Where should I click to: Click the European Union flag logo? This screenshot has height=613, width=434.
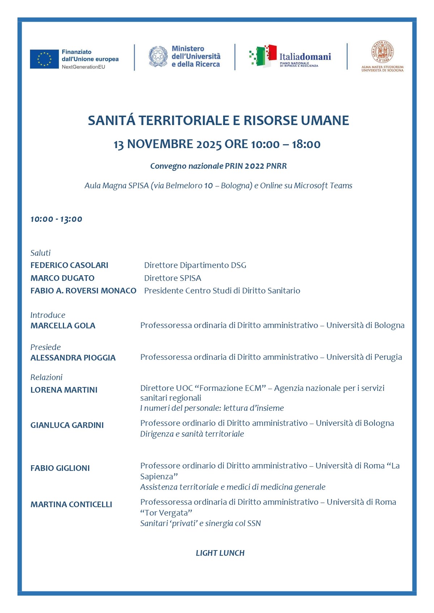tap(44, 59)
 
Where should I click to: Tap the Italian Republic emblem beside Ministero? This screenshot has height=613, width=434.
tap(158, 56)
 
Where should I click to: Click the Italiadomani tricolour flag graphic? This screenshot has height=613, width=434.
tap(263, 56)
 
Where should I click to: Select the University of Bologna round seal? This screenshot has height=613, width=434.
tap(382, 52)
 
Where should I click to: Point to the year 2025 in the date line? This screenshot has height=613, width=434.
tap(209, 144)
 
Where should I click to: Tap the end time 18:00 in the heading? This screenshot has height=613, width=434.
tap(306, 144)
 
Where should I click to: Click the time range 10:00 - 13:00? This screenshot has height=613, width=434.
tap(56, 219)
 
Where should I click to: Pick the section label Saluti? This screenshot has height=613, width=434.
tap(41, 253)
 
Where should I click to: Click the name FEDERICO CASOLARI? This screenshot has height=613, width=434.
tap(69, 266)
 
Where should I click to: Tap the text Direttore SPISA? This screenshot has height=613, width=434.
tap(173, 278)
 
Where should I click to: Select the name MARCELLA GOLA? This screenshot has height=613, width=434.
tap(63, 326)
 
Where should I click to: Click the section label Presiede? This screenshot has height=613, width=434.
tap(46, 347)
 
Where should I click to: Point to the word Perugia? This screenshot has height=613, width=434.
tap(388, 357)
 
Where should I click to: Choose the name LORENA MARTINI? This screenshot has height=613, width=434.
tap(64, 390)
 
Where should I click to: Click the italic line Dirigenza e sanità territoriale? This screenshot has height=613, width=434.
tap(192, 434)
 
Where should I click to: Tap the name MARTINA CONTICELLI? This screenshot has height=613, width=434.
tap(71, 505)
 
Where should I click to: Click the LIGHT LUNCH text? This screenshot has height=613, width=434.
tap(220, 553)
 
